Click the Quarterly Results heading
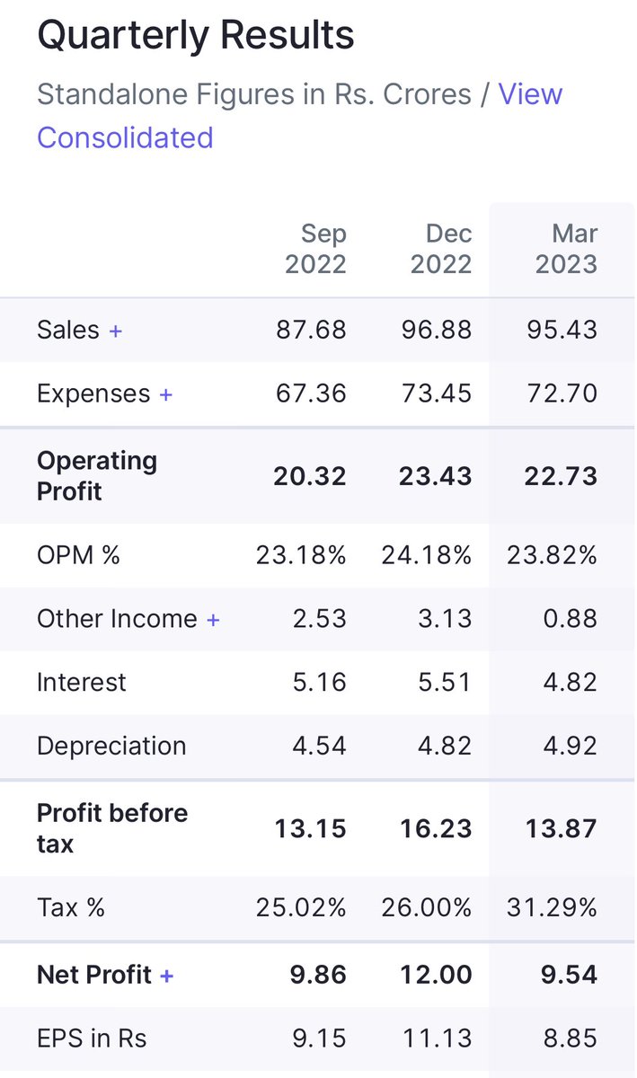pyautogui.click(x=195, y=36)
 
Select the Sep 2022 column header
pyautogui.click(x=315, y=249)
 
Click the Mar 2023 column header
pyautogui.click(x=566, y=249)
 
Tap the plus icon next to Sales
pyautogui.click(x=115, y=331)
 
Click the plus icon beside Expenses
pyautogui.click(x=165, y=394)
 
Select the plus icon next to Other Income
pyautogui.click(x=213, y=620)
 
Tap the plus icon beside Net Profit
pyautogui.click(x=166, y=976)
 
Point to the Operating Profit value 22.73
pyautogui.click(x=561, y=476)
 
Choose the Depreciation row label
pyautogui.click(x=111, y=746)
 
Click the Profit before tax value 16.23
pyautogui.click(x=436, y=828)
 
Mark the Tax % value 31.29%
pyautogui.click(x=553, y=907)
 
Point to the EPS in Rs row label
pyautogui.click(x=92, y=1038)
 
